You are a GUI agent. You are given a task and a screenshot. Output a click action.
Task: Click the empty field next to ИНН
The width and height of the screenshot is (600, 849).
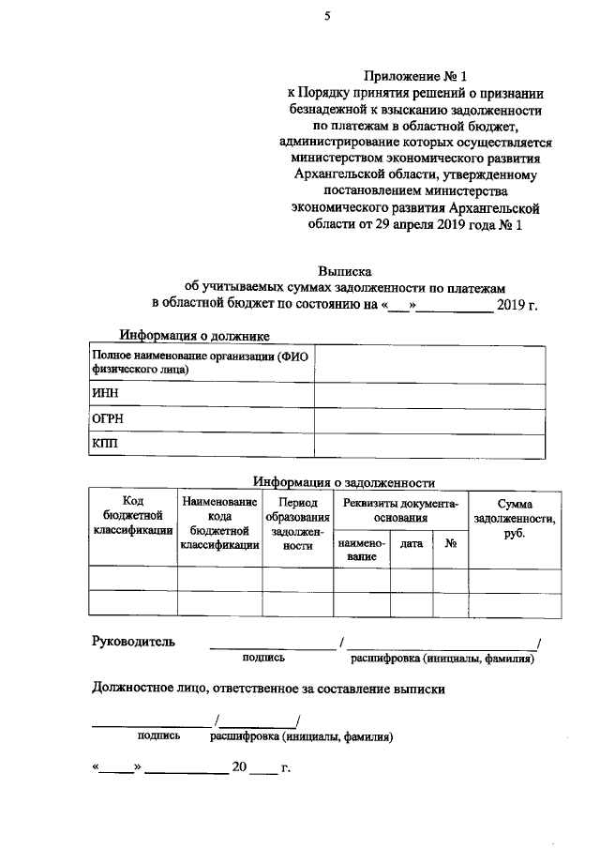[x=428, y=395]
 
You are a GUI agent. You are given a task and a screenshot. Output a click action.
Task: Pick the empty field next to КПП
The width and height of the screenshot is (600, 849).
[x=428, y=444]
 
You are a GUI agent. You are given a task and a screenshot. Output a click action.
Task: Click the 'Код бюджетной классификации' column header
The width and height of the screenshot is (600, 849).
[x=132, y=516]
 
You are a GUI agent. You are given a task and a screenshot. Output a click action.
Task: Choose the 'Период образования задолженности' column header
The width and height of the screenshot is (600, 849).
[x=297, y=523]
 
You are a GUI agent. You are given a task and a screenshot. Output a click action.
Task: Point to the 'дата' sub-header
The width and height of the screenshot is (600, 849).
[x=411, y=543]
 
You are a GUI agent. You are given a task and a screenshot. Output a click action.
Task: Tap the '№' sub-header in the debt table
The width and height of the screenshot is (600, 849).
[x=450, y=543]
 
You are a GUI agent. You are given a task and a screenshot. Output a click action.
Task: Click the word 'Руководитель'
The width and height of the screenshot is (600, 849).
[x=132, y=642]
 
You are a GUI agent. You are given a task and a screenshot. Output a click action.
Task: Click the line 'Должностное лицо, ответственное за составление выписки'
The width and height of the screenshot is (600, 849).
[x=267, y=690]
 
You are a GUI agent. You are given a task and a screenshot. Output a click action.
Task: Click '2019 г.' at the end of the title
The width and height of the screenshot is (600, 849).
[x=517, y=304]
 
